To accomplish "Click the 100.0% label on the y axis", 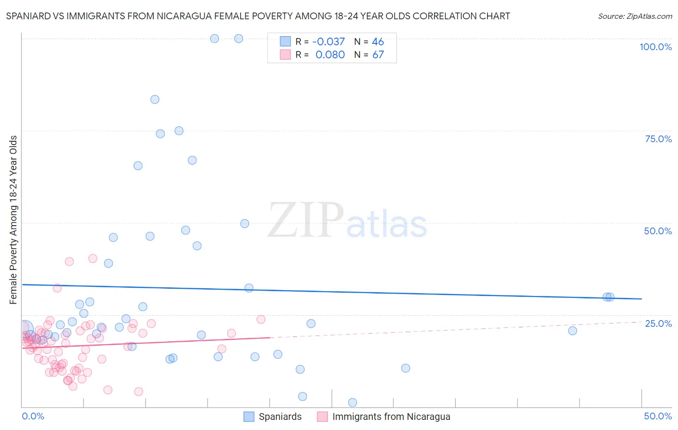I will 655,47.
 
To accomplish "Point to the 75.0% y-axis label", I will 658,139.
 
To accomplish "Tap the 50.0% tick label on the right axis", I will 658,231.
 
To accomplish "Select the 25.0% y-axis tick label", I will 658,323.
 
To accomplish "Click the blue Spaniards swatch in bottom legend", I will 249,417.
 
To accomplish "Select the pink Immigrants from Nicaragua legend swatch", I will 322,417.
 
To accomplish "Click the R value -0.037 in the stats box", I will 328,42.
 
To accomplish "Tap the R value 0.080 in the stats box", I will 330,55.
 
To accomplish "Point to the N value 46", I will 378,42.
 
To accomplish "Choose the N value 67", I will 378,55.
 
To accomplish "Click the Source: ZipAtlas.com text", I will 635,16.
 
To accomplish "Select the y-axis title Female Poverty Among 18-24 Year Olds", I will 14,220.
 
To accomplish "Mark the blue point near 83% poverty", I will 155,99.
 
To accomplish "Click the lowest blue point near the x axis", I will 353,403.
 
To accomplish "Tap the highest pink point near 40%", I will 93,258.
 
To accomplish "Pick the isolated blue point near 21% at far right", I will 572,331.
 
